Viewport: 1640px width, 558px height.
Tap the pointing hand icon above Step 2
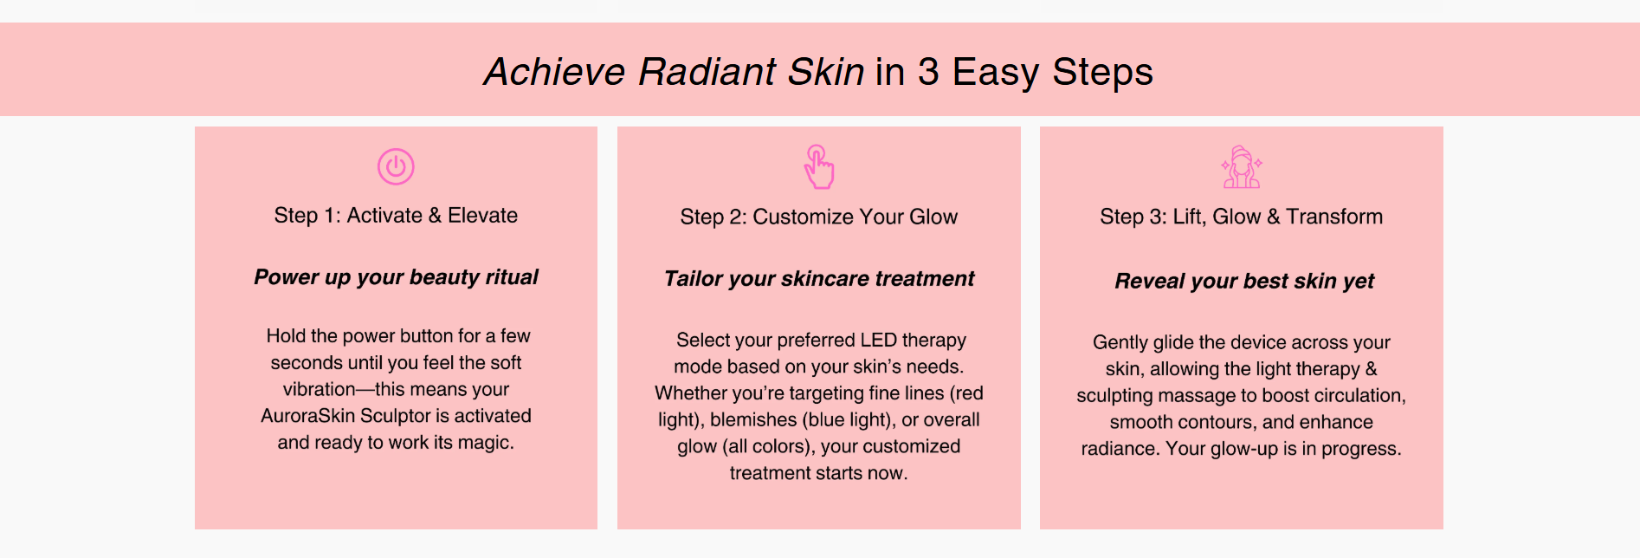[x=818, y=166]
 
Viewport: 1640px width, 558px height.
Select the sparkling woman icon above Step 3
[x=1241, y=167]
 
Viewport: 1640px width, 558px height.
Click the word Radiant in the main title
[x=707, y=72]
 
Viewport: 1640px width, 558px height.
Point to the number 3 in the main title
[x=928, y=72]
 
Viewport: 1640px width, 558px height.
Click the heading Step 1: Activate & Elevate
[x=396, y=216]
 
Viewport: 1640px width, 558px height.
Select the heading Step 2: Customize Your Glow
[x=818, y=217]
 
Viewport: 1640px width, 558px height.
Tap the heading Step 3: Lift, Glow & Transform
[x=1241, y=217]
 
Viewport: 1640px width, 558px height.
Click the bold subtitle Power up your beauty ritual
[x=396, y=277]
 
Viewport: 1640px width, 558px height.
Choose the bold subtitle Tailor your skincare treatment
[x=818, y=279]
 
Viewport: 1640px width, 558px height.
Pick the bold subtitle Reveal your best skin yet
[x=1244, y=282]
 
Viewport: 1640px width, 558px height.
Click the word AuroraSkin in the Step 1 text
[x=308, y=416]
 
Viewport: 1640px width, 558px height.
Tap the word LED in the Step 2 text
[x=878, y=340]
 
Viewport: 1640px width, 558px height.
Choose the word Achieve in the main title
[x=555, y=72]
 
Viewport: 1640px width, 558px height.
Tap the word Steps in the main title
[x=1102, y=73]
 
